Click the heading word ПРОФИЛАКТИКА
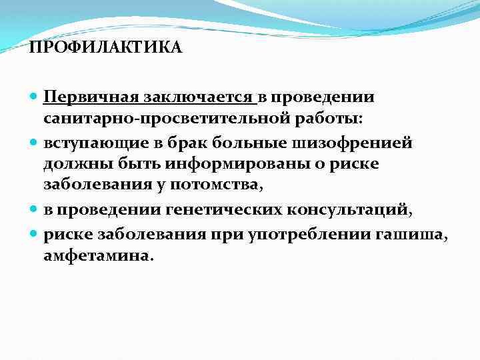click(105, 49)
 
